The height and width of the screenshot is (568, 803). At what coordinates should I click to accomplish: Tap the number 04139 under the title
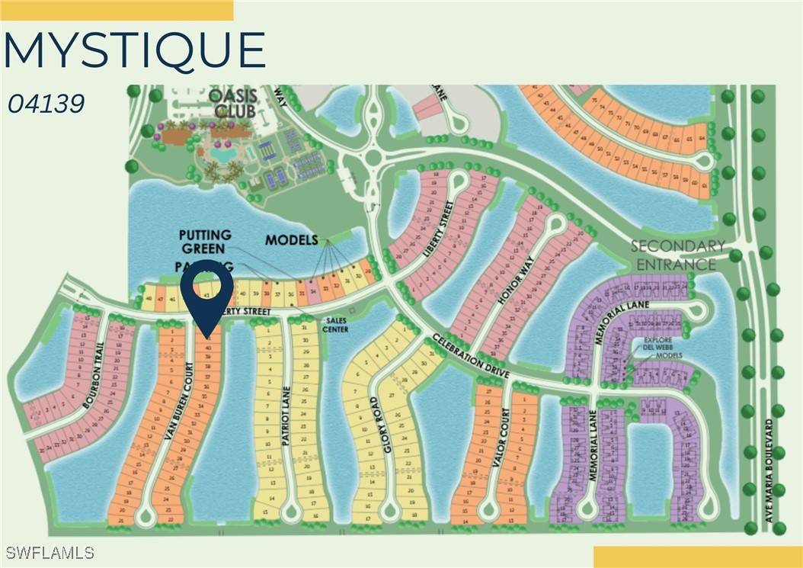click(46, 104)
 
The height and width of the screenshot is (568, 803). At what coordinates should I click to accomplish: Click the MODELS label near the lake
click(291, 240)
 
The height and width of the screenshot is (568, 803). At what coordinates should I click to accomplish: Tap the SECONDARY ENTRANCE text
click(677, 255)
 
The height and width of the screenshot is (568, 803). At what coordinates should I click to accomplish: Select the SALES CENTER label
click(335, 325)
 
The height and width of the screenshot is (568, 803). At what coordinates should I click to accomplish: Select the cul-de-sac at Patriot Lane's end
click(290, 512)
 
